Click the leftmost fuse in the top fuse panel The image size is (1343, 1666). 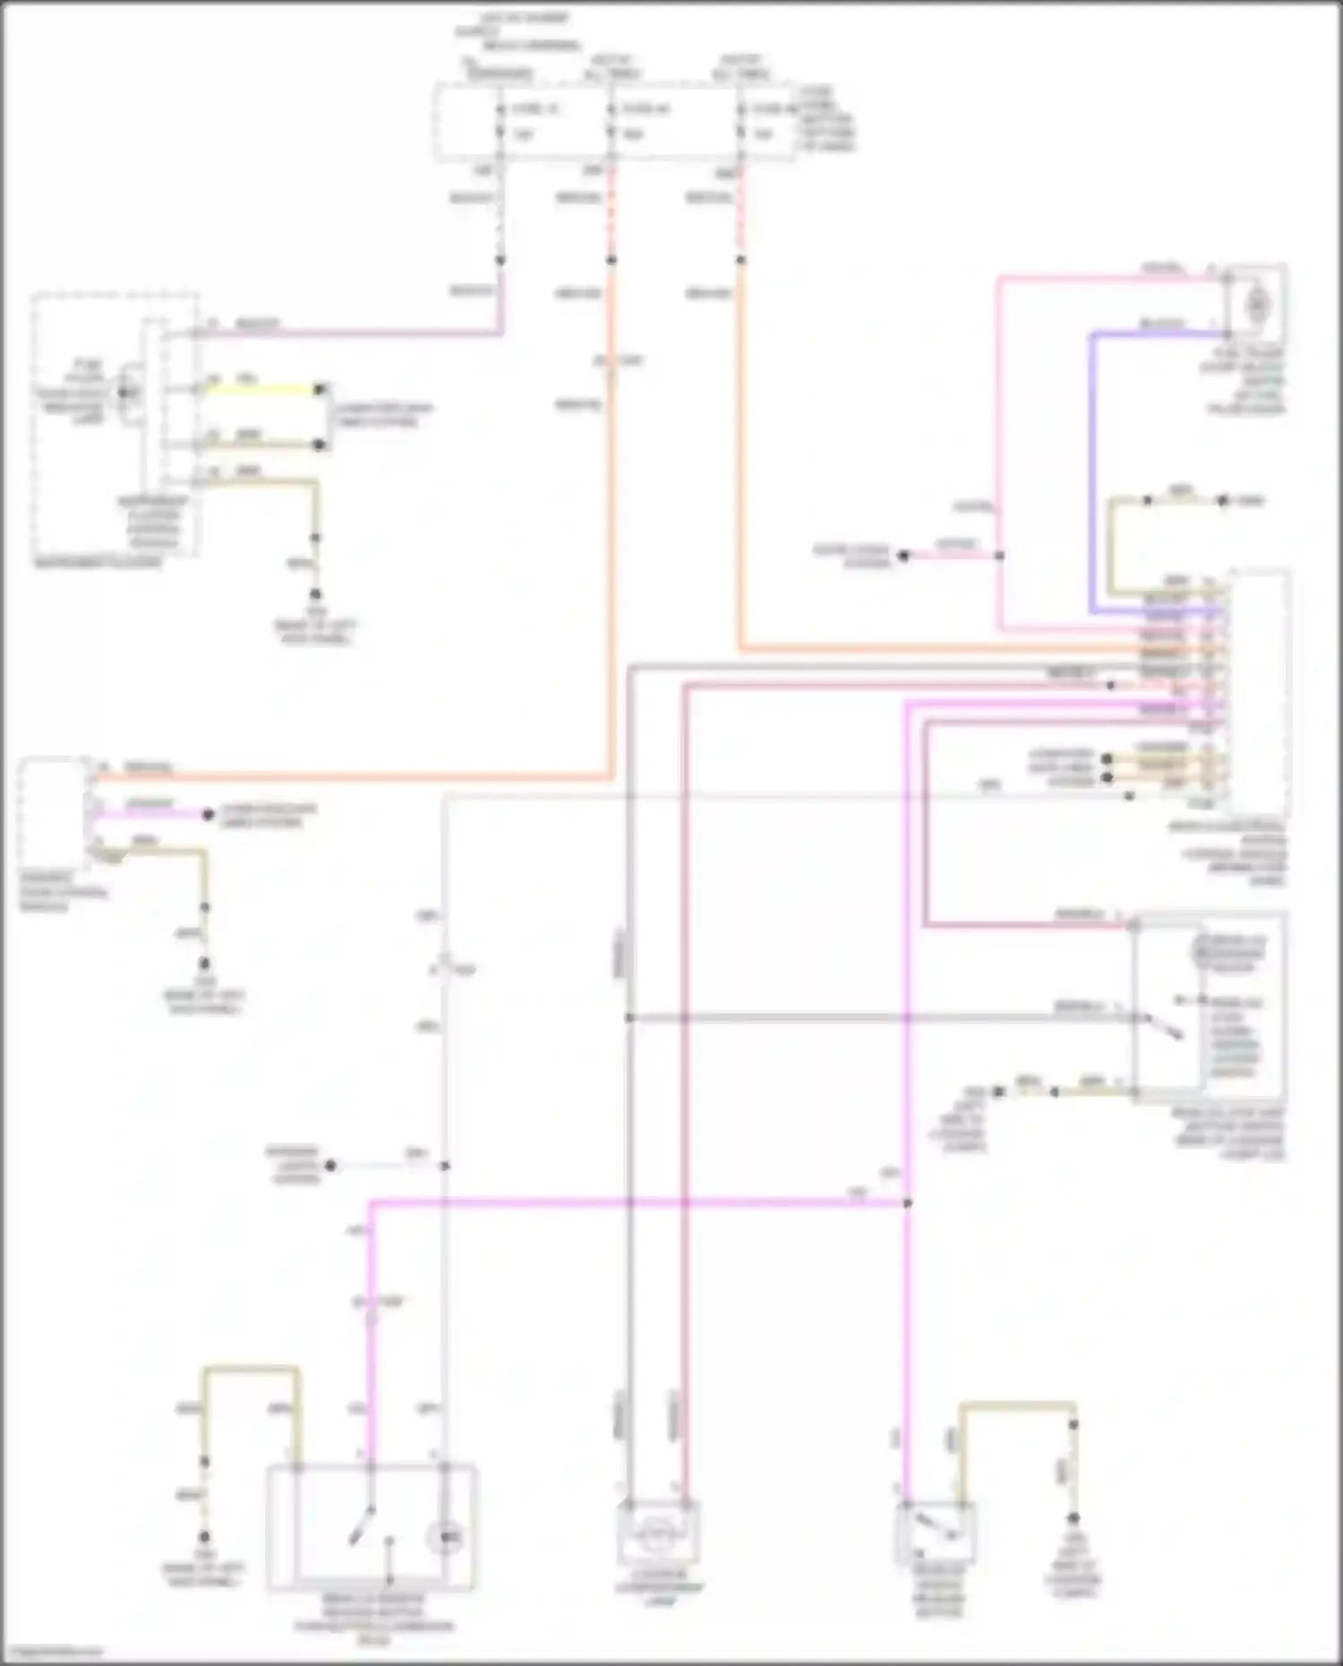tap(500, 123)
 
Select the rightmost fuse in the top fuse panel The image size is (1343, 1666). tap(740, 123)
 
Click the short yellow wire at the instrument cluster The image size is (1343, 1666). tap(260, 389)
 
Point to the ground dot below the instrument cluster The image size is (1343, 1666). tap(316, 594)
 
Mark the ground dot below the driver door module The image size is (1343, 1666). tap(205, 964)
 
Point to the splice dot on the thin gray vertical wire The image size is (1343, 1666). tap(444, 1166)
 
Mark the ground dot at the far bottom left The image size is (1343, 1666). tap(205, 1534)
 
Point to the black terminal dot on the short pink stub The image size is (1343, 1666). tap(903, 556)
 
